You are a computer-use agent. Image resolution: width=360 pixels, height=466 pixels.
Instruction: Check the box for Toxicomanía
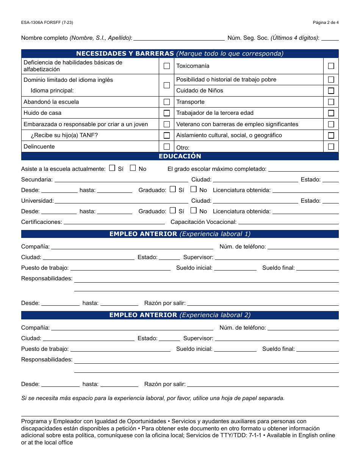331,66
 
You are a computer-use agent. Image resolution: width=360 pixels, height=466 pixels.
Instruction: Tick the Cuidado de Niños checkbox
331,91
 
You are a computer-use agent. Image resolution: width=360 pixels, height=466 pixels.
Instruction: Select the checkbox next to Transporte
331,102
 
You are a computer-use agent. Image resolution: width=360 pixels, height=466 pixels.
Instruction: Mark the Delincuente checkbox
167,147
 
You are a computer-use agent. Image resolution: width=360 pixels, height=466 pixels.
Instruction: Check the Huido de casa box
167,113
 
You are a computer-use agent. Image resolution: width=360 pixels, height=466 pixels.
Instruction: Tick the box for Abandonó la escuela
167,102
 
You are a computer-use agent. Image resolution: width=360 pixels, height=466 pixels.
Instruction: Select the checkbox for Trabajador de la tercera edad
331,113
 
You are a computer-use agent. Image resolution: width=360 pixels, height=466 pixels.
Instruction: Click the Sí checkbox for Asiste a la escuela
112,168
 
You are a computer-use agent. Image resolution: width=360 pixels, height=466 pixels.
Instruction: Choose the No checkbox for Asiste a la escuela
133,168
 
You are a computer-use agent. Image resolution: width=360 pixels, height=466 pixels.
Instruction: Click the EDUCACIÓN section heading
180,156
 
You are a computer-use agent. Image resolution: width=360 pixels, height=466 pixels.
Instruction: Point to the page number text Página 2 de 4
326,22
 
